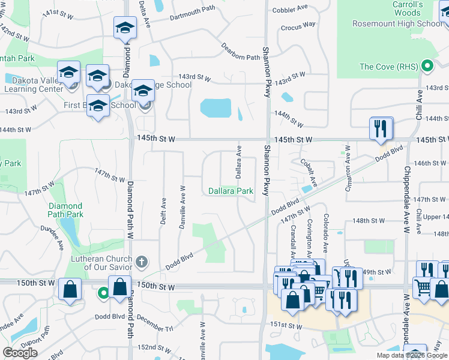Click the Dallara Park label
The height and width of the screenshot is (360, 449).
(x=231, y=191)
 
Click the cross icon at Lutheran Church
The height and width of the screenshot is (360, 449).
(x=142, y=262)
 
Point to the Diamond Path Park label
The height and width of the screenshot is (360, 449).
(x=65, y=210)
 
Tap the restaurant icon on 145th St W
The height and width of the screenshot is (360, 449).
(x=381, y=129)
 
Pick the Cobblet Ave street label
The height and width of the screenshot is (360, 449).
(x=290, y=10)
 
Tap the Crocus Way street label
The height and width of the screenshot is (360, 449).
(x=298, y=25)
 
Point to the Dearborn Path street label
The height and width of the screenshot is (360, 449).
(x=240, y=52)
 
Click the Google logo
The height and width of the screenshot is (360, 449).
(x=20, y=353)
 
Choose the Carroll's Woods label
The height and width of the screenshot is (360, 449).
(x=407, y=8)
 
